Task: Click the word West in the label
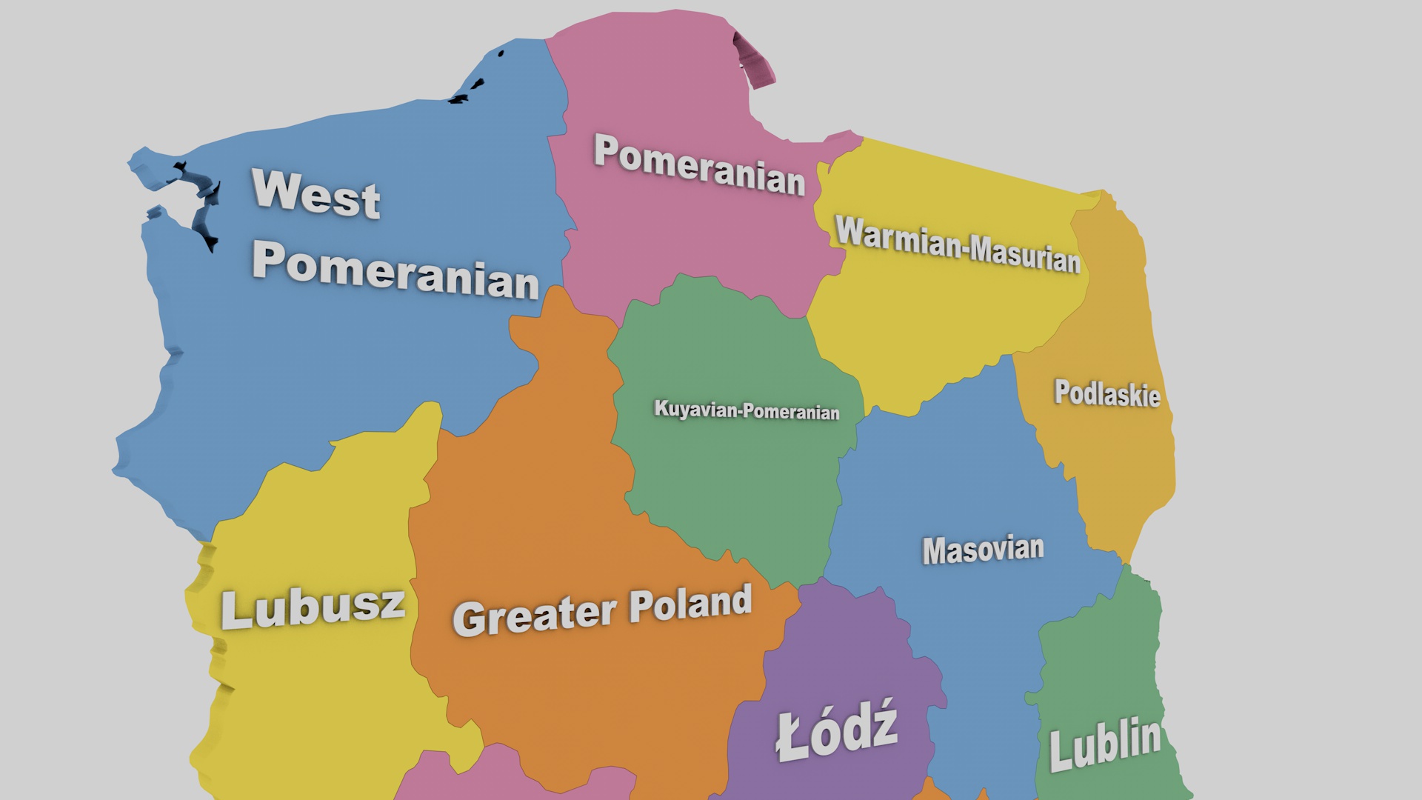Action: click(316, 193)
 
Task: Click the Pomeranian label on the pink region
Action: click(698, 165)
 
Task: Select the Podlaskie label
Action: click(1106, 393)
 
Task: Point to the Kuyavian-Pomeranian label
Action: click(746, 410)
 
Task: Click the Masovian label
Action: click(983, 550)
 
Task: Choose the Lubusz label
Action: click(313, 608)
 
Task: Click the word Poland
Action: click(690, 604)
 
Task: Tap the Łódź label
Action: click(837, 732)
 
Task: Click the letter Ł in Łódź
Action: click(791, 738)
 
